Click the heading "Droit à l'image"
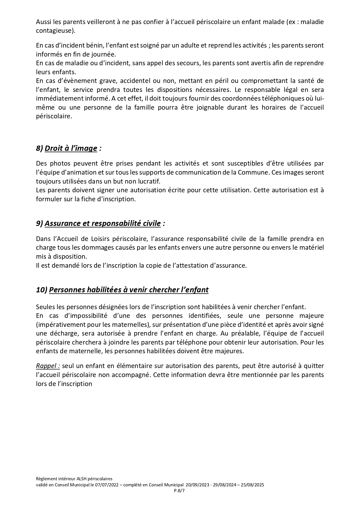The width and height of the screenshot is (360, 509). (71, 148)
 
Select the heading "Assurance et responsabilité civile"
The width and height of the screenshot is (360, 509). (103, 223)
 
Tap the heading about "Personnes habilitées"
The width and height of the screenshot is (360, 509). (129, 290)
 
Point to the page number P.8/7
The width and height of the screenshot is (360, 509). (180, 491)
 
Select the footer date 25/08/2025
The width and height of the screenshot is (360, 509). (254, 485)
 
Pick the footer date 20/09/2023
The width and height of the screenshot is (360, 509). (196, 485)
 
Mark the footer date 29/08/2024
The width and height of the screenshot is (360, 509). (225, 485)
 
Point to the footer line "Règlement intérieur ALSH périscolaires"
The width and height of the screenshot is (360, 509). (74, 479)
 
